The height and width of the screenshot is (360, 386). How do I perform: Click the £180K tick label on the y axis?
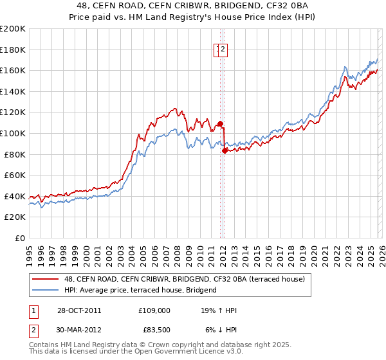pos(13,50)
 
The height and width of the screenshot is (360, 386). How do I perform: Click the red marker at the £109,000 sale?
pos(220,123)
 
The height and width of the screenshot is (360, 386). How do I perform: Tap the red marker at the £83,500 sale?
pos(225,150)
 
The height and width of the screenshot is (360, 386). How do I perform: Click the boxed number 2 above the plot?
pos(223,50)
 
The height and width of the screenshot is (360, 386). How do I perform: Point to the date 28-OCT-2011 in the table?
pos(78,310)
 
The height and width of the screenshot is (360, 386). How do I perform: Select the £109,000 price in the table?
pos(154,310)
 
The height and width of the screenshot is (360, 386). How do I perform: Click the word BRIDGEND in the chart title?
pos(219,6)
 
